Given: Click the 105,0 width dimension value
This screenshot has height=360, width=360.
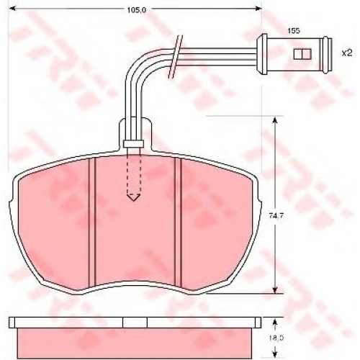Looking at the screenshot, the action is pyautogui.click(x=136, y=9).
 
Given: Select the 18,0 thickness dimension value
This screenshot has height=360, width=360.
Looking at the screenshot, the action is pyautogui.click(x=276, y=338).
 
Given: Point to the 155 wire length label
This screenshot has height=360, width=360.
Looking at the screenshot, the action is pyautogui.click(x=294, y=31).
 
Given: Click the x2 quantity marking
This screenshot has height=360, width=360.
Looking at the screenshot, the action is pyautogui.click(x=347, y=53).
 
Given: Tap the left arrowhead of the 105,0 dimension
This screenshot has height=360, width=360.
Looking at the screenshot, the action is pyautogui.click(x=12, y=9).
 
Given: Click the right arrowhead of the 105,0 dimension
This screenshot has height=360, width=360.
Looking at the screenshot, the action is pyautogui.click(x=258, y=9).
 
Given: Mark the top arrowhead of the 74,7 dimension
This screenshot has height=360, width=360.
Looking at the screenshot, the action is pyautogui.click(x=275, y=120).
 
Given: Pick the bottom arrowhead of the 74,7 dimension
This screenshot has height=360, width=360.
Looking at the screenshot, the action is pyautogui.click(x=275, y=289).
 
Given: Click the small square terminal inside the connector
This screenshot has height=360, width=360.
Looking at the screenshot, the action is pyautogui.click(x=302, y=54).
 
